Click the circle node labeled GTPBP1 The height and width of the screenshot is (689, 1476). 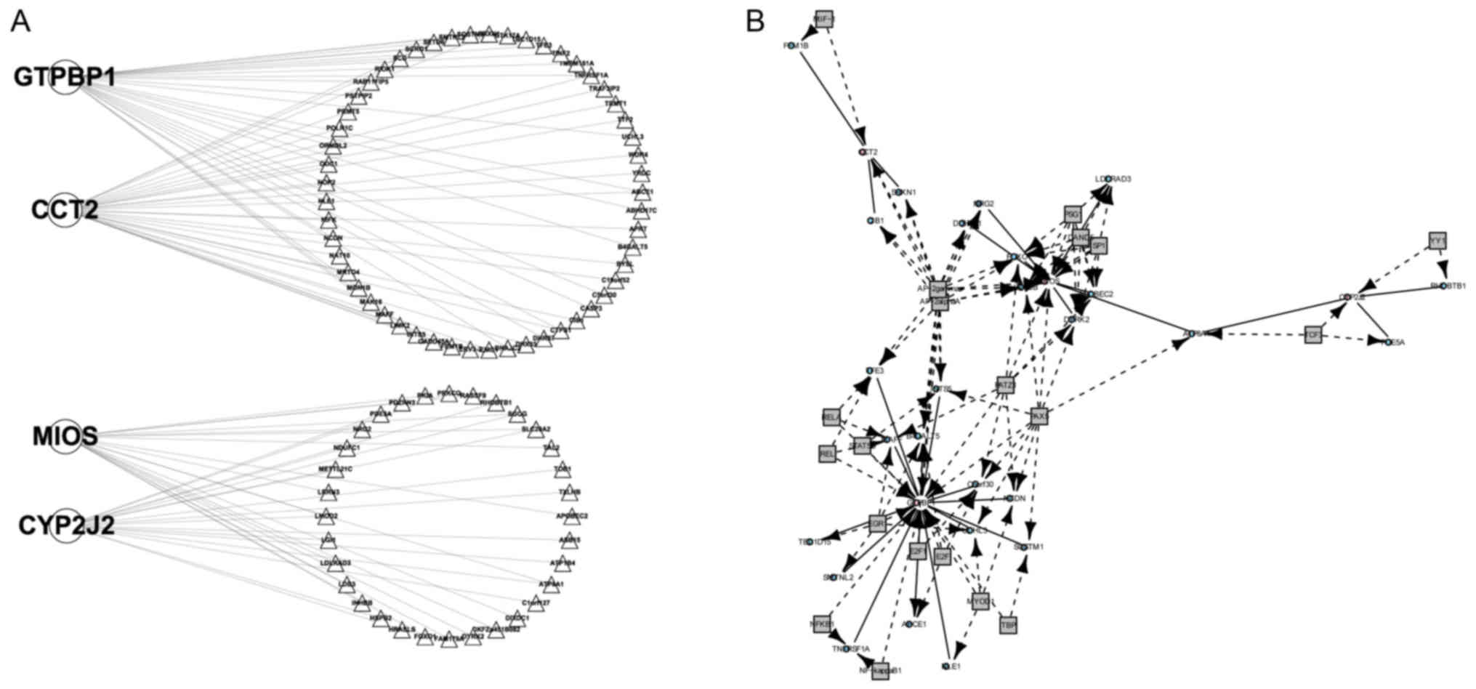point(65,78)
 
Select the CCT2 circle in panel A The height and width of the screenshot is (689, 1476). point(65,210)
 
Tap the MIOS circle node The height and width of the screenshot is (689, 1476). point(65,438)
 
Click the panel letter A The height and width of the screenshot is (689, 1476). point(20,22)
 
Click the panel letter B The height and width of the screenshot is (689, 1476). point(755,22)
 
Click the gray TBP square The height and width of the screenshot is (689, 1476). point(1008,624)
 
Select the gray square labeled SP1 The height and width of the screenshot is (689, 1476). point(1099,246)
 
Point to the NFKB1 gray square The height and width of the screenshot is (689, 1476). point(822,623)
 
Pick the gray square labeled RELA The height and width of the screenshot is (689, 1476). point(830,417)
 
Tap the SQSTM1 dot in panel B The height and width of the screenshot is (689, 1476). point(1025,547)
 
